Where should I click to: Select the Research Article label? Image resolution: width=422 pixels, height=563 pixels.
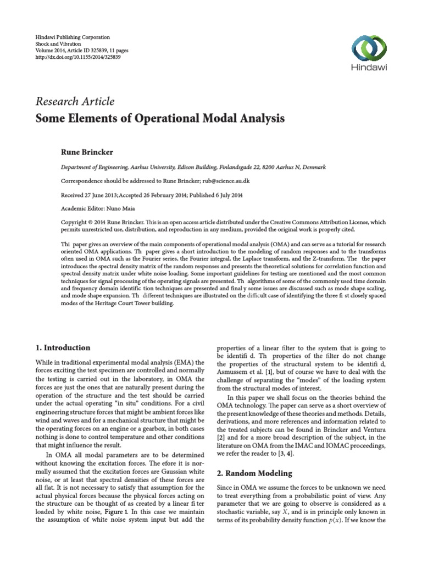point(75,101)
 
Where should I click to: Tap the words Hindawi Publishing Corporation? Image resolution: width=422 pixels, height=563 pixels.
point(71,37)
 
